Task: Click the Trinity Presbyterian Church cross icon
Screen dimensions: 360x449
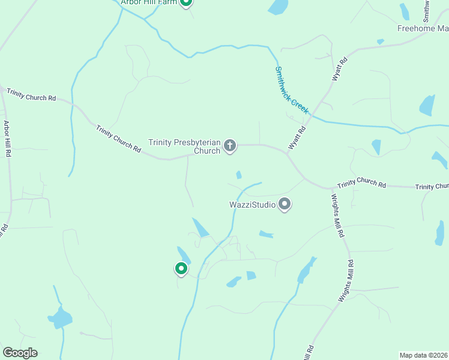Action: (x=230, y=145)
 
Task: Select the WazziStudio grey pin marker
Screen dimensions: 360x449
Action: (x=285, y=205)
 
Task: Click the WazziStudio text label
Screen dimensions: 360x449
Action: (x=253, y=205)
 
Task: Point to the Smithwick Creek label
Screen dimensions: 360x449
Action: (x=292, y=90)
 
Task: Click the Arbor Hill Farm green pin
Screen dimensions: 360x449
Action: (x=186, y=2)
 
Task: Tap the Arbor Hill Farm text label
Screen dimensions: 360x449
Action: (x=149, y=2)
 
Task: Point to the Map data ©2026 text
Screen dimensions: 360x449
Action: (x=423, y=355)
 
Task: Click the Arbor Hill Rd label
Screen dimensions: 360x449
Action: (x=8, y=140)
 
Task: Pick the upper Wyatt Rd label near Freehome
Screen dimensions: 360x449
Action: (x=340, y=68)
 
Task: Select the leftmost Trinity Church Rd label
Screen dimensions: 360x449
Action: (x=31, y=94)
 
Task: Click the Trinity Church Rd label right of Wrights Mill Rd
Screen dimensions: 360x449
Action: (x=361, y=184)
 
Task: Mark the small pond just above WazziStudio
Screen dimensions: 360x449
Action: (x=239, y=175)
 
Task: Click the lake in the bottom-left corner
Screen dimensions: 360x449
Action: (x=60, y=317)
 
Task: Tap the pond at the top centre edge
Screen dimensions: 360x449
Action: (x=278, y=7)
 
